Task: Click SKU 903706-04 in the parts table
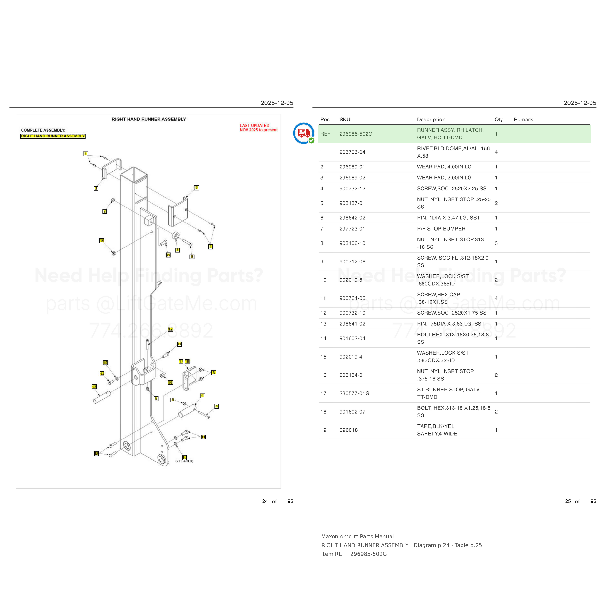pos(352,152)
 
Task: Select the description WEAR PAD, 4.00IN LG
pos(444,167)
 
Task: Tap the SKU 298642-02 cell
pos(352,218)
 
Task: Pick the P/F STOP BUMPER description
pos(441,229)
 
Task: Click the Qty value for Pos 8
pos(496,243)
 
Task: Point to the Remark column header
pos(523,120)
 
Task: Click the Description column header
pos(431,120)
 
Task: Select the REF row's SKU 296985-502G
pos(356,134)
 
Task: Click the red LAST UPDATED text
pos(254,126)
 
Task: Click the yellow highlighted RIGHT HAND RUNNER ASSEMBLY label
pos(53,136)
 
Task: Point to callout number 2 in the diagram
pos(196,188)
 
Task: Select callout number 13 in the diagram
pos(94,387)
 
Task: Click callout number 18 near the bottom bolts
pos(96,454)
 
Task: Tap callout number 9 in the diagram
pos(192,256)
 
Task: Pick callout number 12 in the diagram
pos(170,329)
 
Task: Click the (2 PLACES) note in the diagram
pos(184,461)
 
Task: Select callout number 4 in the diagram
pos(216,406)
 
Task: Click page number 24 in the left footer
pos(265,501)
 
